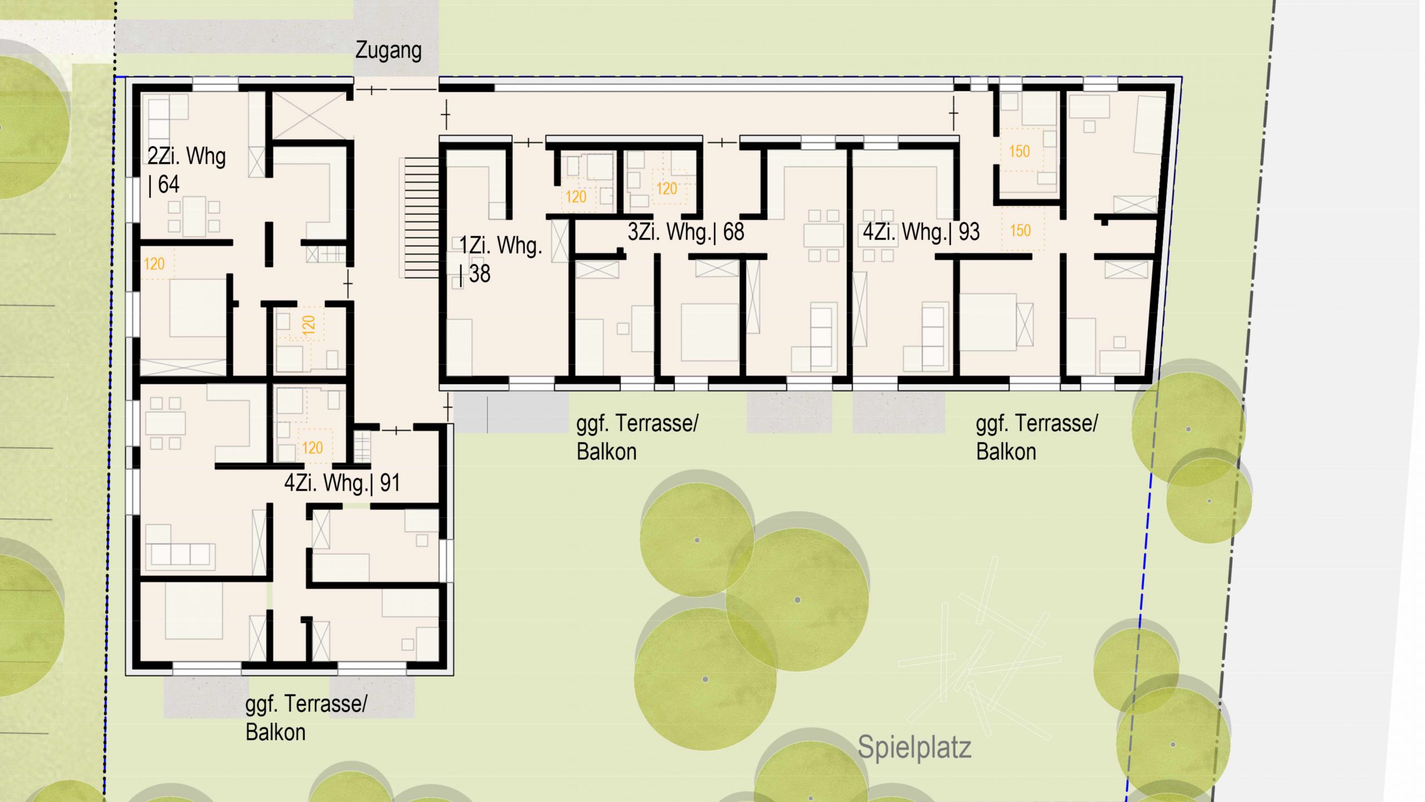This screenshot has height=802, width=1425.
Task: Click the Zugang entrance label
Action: pos(389,51)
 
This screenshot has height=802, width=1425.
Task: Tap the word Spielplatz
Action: pos(915,747)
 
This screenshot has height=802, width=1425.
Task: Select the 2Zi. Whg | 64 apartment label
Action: pos(186,170)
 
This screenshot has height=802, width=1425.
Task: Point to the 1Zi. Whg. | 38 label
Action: pos(500,260)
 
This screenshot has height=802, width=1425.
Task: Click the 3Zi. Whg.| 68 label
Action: pos(686,232)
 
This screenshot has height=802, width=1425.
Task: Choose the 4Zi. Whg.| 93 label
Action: pos(921,232)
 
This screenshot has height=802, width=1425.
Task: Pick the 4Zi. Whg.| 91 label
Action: pos(342,483)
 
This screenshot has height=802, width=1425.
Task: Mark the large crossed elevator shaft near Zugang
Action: pos(309,115)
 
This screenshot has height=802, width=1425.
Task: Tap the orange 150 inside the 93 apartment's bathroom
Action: pos(1019,151)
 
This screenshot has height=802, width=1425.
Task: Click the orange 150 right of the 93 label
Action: pos(1020,230)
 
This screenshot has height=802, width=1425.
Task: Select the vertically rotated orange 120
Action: pos(308,324)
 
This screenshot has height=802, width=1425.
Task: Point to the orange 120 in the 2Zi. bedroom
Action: pos(154,263)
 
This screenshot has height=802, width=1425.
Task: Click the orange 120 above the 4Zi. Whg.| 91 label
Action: pos(312,447)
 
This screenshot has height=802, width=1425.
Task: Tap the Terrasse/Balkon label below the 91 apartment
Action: pos(306,718)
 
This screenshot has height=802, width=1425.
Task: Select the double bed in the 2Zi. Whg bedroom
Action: pos(198,307)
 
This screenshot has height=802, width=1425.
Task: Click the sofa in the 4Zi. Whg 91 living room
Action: pos(180,554)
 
